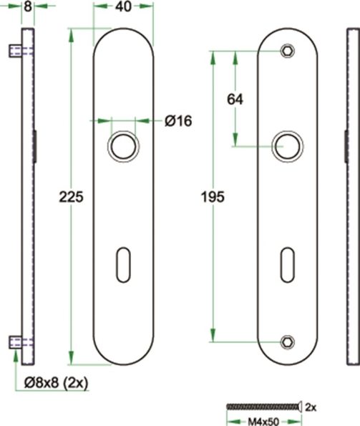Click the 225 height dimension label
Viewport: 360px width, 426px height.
(x=70, y=196)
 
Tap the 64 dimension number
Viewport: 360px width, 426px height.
(x=235, y=100)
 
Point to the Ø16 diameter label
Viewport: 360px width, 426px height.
(x=178, y=121)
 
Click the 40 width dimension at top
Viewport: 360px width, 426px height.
(x=123, y=7)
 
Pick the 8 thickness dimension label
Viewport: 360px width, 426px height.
(x=26, y=7)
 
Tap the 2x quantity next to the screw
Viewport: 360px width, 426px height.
(x=312, y=406)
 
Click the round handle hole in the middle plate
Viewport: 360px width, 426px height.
(x=122, y=146)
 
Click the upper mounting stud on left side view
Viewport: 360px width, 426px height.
(x=15, y=51)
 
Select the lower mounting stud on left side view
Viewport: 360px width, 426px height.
(x=15, y=342)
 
